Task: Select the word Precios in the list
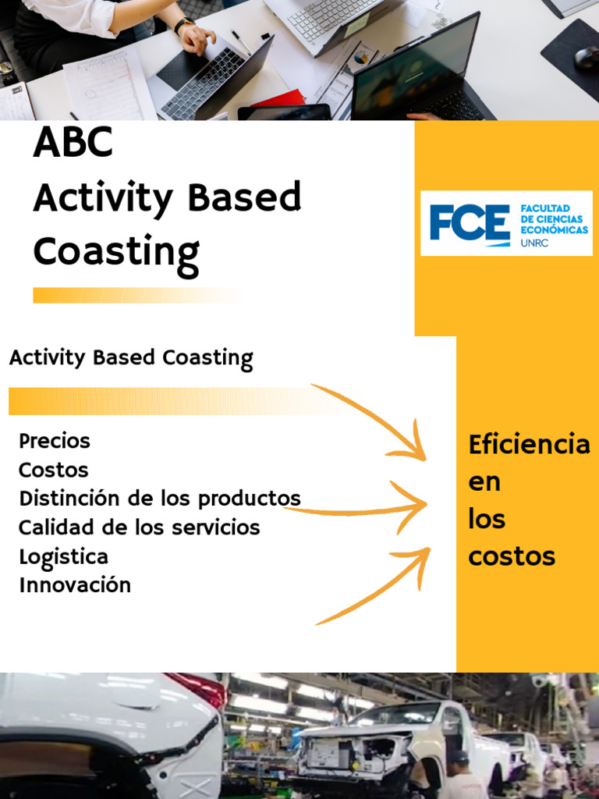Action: (x=55, y=442)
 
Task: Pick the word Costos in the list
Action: (x=54, y=471)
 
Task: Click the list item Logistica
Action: (x=63, y=557)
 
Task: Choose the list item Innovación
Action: (x=75, y=585)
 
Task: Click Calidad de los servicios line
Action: (x=139, y=527)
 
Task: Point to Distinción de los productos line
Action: (x=159, y=499)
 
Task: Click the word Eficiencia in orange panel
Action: (x=529, y=445)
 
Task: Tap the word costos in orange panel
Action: (x=512, y=556)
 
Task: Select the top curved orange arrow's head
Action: (x=417, y=448)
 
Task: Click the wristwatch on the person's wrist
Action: (x=184, y=25)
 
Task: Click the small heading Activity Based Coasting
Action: (x=131, y=359)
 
